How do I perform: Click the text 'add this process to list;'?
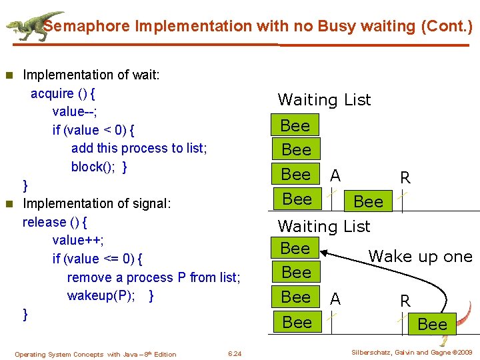pyautogui.click(x=139, y=148)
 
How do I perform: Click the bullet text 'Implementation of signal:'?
pyautogui.click(x=97, y=203)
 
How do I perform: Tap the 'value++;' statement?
pyautogui.click(x=77, y=240)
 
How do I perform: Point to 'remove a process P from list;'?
pyautogui.click(x=153, y=277)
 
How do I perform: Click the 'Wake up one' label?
pyautogui.click(x=420, y=257)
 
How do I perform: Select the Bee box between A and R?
pyautogui.click(x=368, y=201)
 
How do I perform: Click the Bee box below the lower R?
pyautogui.click(x=432, y=324)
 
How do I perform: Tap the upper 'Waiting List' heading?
pyautogui.click(x=324, y=100)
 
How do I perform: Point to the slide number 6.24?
pyautogui.click(x=235, y=353)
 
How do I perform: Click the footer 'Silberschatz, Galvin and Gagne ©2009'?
pyautogui.click(x=411, y=352)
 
